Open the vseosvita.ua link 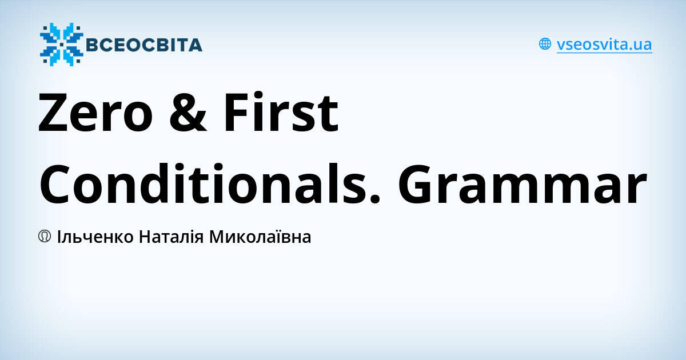604,45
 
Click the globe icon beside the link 545,44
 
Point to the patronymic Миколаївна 260,237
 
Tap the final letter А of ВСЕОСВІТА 195,45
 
